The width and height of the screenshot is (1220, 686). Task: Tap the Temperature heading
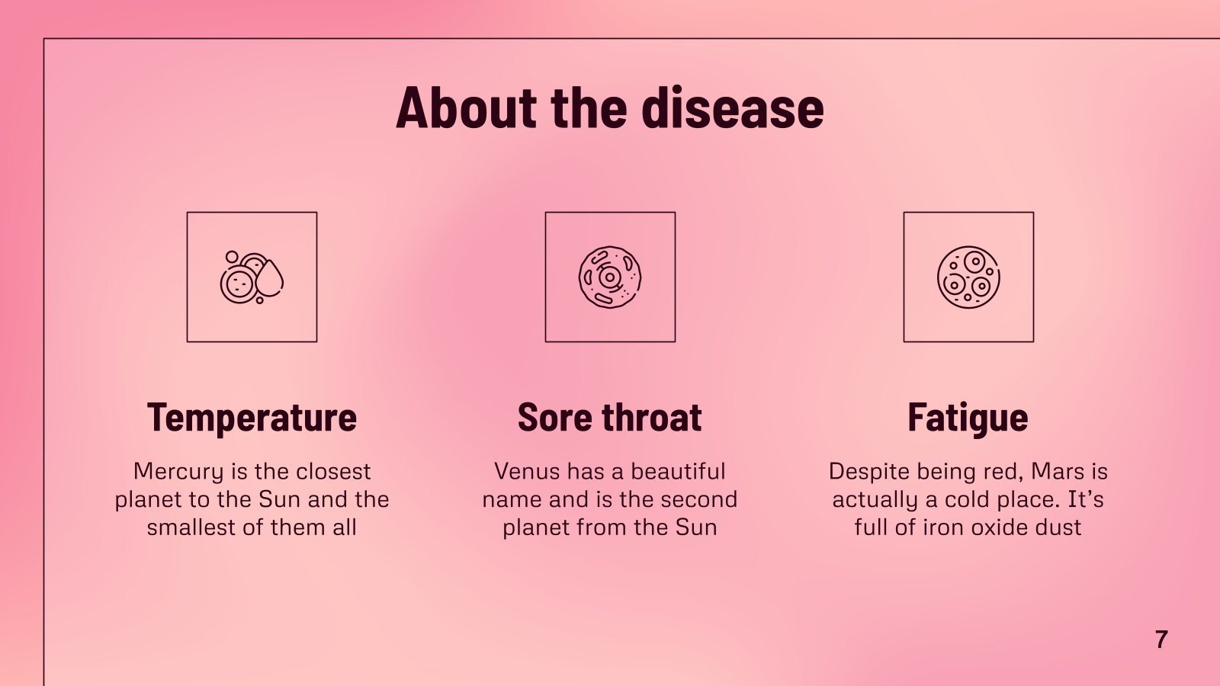click(252, 417)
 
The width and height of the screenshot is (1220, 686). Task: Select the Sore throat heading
click(609, 417)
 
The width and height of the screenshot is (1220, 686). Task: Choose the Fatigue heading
click(968, 417)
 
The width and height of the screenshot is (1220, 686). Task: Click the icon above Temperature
click(252, 277)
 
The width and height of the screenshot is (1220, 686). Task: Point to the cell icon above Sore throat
click(610, 277)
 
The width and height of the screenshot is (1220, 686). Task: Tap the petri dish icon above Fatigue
click(968, 277)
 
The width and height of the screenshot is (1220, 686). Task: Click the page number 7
click(1161, 639)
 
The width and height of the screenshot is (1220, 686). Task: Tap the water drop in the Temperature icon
click(269, 279)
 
